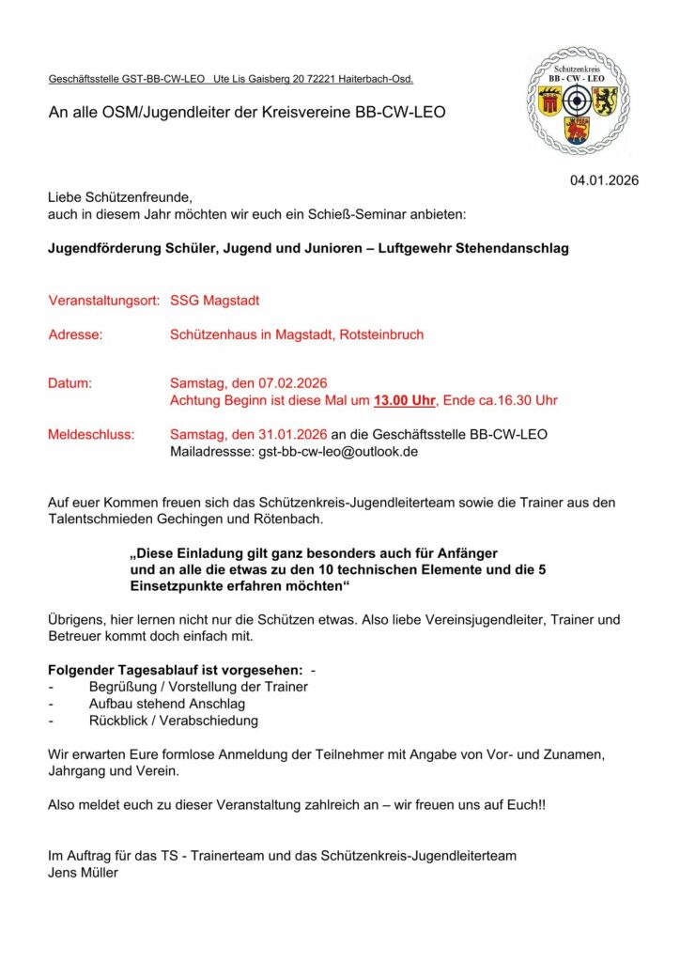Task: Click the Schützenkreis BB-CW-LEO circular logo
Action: coord(578,101)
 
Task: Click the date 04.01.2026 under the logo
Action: coord(604,179)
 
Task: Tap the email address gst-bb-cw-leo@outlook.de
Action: coord(337,451)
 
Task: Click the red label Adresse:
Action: coord(75,334)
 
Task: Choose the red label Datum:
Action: coord(70,383)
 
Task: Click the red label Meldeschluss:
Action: coord(91,434)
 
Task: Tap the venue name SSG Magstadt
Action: coord(215,302)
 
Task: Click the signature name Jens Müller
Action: coord(83,872)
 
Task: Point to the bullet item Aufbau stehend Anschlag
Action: coord(167,704)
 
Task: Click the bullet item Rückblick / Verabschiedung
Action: coord(174,721)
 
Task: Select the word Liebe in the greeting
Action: coord(67,198)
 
